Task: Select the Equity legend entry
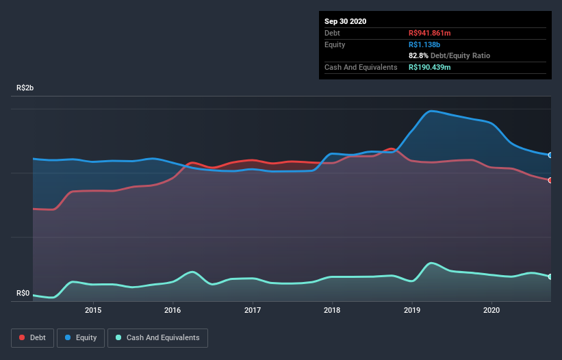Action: [x=81, y=337]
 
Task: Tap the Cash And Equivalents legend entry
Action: [x=157, y=337]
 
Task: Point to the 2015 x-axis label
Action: [x=93, y=310]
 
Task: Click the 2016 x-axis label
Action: [x=173, y=310]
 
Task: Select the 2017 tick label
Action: [x=253, y=310]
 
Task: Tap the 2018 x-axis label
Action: [x=332, y=310]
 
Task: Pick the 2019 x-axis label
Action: [x=412, y=310]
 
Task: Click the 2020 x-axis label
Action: [x=491, y=310]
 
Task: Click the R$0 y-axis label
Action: [x=23, y=294]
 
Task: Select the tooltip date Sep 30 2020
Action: [x=346, y=21]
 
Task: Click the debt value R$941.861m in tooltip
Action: [x=429, y=33]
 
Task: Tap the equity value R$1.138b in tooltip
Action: [x=424, y=44]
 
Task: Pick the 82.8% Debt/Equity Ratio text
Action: [x=449, y=55]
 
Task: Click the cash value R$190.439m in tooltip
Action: [x=429, y=67]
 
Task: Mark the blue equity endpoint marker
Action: [x=550, y=155]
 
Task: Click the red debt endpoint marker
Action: [x=550, y=180]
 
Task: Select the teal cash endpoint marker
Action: [x=550, y=277]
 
